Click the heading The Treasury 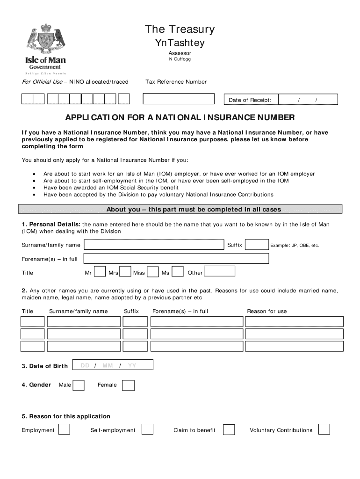(180, 29)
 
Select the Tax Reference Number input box (178, 99)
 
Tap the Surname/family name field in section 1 (154, 245)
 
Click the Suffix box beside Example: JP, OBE (257, 245)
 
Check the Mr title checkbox (100, 272)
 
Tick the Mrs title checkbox (125, 272)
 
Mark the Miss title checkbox (152, 272)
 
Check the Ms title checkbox (178, 272)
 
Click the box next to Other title (219, 272)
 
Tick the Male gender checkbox (79, 385)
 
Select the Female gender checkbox (128, 385)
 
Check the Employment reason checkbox (64, 429)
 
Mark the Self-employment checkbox (147, 429)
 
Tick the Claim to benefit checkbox (229, 429)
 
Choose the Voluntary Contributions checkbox (324, 429)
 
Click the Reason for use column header (267, 312)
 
